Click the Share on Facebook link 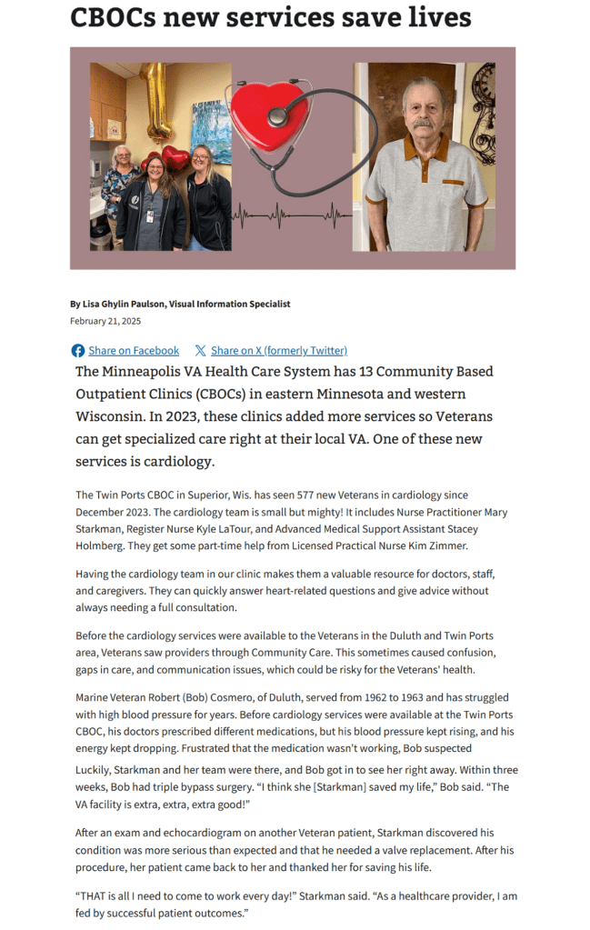(134, 350)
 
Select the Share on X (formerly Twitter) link (278, 350)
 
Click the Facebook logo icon (78, 350)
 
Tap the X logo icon (200, 350)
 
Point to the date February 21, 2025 (105, 321)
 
